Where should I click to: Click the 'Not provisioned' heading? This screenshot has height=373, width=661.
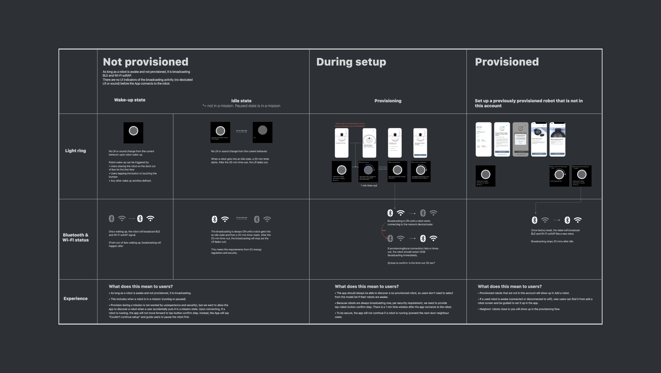[145, 62]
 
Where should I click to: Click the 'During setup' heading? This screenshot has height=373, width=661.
[351, 62]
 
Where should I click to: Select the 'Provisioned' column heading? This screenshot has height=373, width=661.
[506, 62]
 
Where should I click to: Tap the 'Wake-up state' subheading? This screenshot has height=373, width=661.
[130, 100]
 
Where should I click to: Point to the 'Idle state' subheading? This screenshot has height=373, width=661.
[241, 101]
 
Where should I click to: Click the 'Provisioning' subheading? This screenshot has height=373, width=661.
[388, 101]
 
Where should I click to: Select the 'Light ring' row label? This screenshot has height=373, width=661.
[75, 151]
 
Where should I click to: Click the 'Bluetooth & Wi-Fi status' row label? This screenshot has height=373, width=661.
[75, 237]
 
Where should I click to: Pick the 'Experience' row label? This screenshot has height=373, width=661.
[75, 298]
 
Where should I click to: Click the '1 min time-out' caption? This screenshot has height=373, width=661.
[369, 185]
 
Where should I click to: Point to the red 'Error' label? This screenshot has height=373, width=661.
[384, 231]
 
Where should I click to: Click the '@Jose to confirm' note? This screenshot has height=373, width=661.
[411, 263]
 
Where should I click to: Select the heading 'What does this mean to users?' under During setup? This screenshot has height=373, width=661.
[366, 287]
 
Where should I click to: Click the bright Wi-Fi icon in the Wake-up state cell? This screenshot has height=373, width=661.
[150, 218]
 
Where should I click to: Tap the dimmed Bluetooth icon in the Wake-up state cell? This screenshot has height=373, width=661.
[112, 218]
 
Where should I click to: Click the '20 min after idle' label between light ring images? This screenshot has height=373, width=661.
[241, 131]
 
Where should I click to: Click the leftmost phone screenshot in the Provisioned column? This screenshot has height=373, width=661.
[483, 139]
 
